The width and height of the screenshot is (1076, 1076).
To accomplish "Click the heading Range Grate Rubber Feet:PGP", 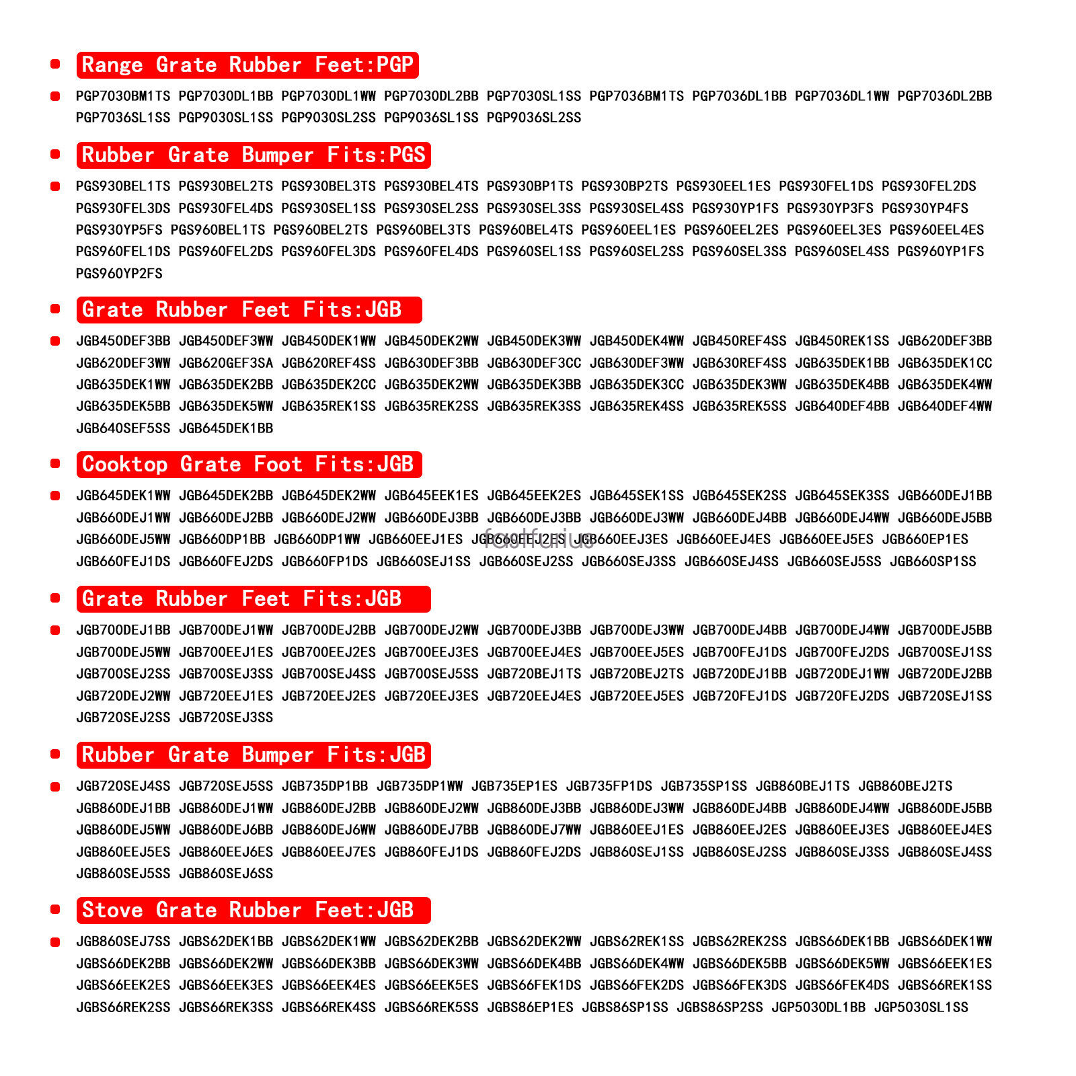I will click(x=247, y=65).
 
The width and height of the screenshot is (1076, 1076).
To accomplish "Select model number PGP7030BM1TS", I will click(x=123, y=96).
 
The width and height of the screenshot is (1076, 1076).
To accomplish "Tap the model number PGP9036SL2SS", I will click(x=534, y=118).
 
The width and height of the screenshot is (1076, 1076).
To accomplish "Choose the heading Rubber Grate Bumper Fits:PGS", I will click(x=254, y=155).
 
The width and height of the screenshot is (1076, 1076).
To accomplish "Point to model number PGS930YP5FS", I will click(x=119, y=230).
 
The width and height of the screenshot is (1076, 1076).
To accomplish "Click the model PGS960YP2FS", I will click(x=119, y=274).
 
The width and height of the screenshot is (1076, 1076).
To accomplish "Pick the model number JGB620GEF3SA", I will click(x=226, y=363).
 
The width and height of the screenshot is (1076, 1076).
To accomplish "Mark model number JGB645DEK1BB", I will click(x=226, y=428).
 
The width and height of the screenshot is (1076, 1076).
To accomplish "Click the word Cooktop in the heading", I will click(x=124, y=465).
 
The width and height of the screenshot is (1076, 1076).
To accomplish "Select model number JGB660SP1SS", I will click(x=933, y=562).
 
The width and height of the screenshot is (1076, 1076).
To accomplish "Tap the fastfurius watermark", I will click(x=539, y=539).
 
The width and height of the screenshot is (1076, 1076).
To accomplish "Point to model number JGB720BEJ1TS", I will click(x=534, y=674).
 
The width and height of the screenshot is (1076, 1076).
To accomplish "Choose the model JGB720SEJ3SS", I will click(x=226, y=718).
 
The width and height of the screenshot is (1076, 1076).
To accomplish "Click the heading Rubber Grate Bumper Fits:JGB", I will click(x=254, y=755).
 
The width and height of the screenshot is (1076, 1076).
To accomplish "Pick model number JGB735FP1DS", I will click(x=609, y=786).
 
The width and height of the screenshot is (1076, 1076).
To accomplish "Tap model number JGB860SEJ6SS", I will click(x=226, y=874).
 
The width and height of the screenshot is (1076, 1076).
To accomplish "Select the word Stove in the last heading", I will click(x=112, y=911).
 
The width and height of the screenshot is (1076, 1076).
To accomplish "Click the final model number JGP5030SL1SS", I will click(x=921, y=1007).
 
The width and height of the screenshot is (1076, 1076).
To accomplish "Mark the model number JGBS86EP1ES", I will click(x=530, y=1007).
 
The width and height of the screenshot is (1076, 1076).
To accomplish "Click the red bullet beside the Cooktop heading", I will click(x=55, y=463).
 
